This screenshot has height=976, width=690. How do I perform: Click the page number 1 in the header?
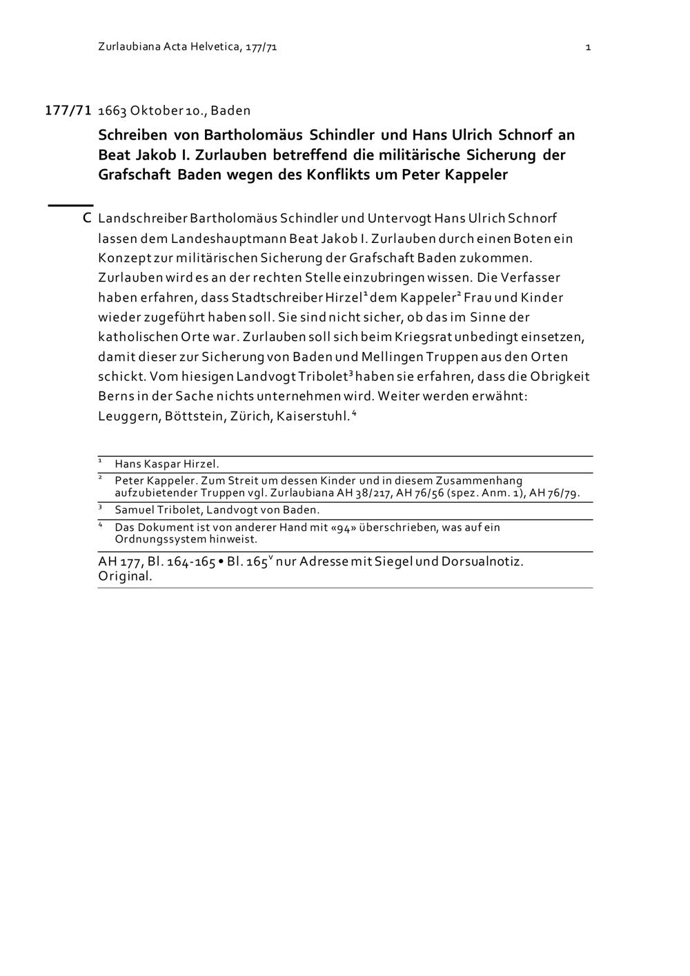pyautogui.click(x=588, y=47)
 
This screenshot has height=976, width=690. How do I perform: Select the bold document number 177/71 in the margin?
pyautogui.click(x=68, y=110)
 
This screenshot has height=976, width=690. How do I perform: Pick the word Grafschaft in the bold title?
pyautogui.click(x=135, y=175)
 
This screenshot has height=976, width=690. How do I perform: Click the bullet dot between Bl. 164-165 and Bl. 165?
pyautogui.click(x=220, y=562)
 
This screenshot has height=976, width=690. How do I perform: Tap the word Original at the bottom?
pyautogui.click(x=125, y=577)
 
